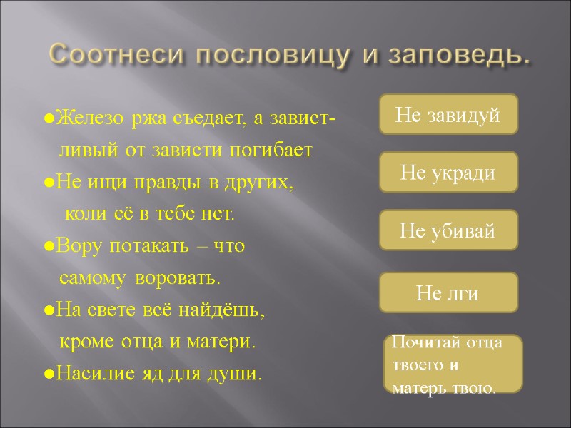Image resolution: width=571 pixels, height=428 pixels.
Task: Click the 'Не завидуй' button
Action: click(448, 114)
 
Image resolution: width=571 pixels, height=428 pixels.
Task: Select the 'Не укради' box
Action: click(448, 173)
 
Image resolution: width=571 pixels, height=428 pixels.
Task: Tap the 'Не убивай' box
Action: click(448, 230)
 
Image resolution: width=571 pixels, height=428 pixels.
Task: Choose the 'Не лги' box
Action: click(448, 292)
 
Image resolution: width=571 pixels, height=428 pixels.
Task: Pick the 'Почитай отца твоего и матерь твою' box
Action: click(453, 364)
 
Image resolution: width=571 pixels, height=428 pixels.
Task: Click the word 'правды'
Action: click(170, 183)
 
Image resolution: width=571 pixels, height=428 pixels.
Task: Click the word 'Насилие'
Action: click(84, 373)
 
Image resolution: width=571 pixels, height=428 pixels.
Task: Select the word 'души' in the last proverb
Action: click(243, 373)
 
